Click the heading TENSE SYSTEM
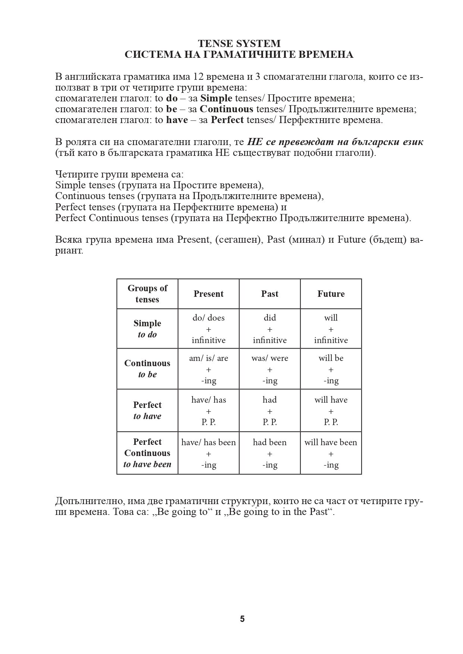pos(239,44)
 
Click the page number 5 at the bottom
pos(243,619)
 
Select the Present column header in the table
pos(209,294)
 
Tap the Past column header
pos(270,294)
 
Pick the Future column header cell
pos(331,294)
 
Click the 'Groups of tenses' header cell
pos(147,294)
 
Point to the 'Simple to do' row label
pos(147,329)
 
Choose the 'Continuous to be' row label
pos(147,369)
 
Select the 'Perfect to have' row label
pos(147,411)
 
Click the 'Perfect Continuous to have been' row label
pos(147,453)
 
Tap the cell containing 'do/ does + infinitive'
pos(209,329)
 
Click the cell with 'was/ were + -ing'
pos(270,369)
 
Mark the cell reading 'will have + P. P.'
pos(331,411)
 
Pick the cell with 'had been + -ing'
pos(270,453)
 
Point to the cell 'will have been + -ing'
pos(331,453)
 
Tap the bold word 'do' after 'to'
pos(172,98)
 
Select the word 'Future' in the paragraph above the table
pos(351,239)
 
